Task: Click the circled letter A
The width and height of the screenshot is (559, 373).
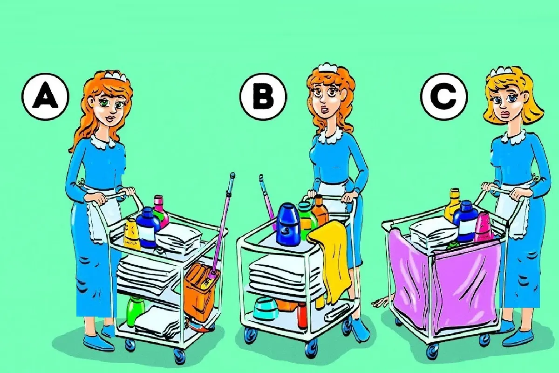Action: tap(45, 97)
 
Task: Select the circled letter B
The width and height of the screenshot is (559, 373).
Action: tap(263, 97)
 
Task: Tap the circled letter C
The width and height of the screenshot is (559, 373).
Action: tap(444, 97)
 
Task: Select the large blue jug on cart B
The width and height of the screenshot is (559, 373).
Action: tap(288, 224)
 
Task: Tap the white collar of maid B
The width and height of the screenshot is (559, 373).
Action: tap(330, 135)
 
